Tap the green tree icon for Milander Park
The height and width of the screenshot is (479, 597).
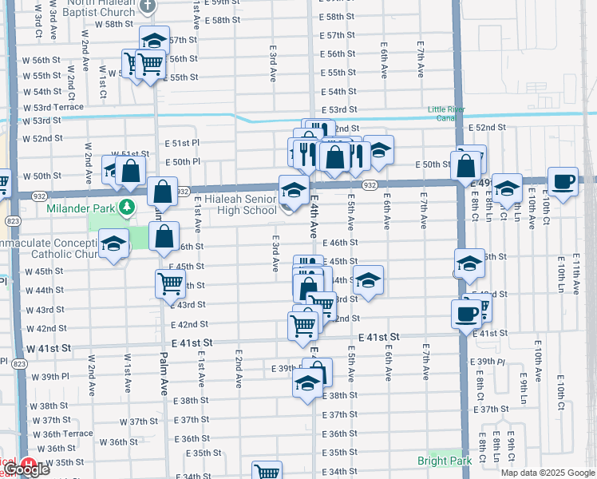pos(126,208)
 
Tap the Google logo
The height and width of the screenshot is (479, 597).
pos(27,470)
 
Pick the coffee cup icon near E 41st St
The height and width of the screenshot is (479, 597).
pos(465,314)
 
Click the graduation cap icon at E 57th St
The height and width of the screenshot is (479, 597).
pos(154,41)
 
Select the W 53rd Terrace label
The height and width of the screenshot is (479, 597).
pos(53,107)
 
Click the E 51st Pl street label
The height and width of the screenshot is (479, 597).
pos(181,142)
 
